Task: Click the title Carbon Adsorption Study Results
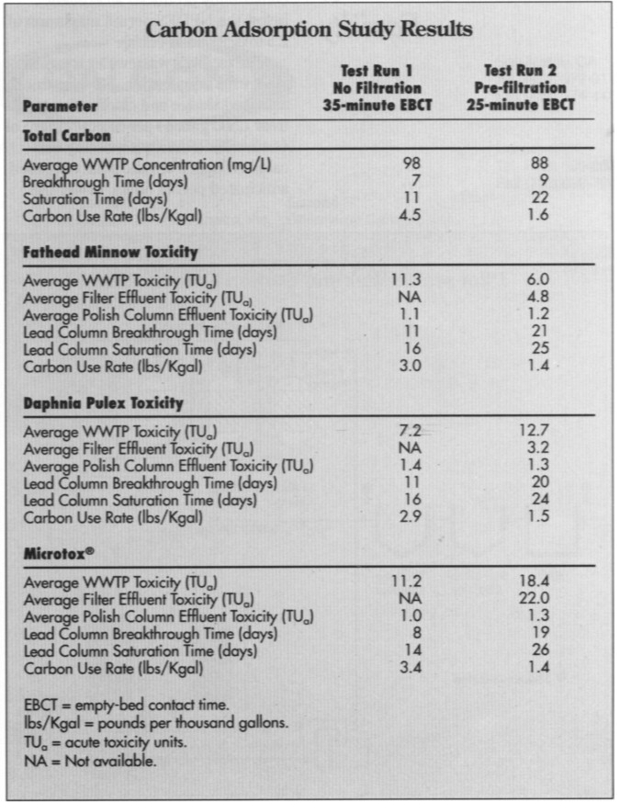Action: coord(309,29)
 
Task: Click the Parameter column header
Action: coord(61,106)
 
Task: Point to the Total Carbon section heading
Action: coord(66,135)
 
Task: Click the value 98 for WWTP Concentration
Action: coord(411,164)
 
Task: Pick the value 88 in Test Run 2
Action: coord(540,164)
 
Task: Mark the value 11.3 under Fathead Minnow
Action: coord(411,280)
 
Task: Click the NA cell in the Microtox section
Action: coord(411,600)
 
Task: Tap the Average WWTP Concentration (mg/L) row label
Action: coord(147,165)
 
